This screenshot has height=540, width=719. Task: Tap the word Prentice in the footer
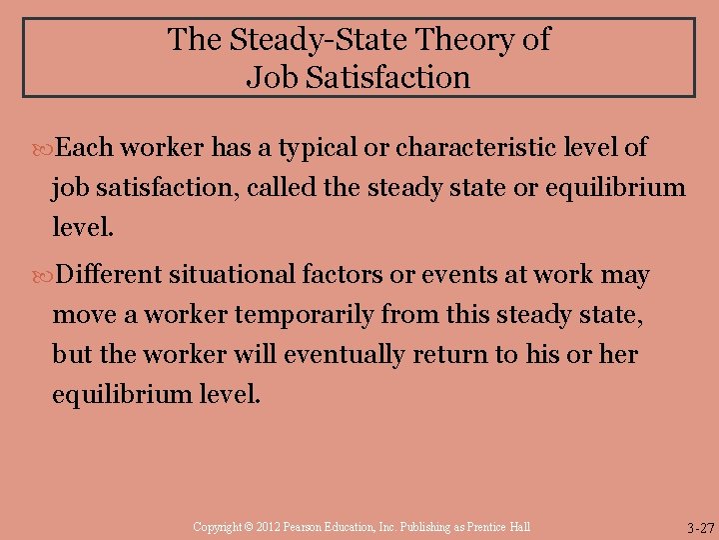pyautogui.click(x=483, y=527)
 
